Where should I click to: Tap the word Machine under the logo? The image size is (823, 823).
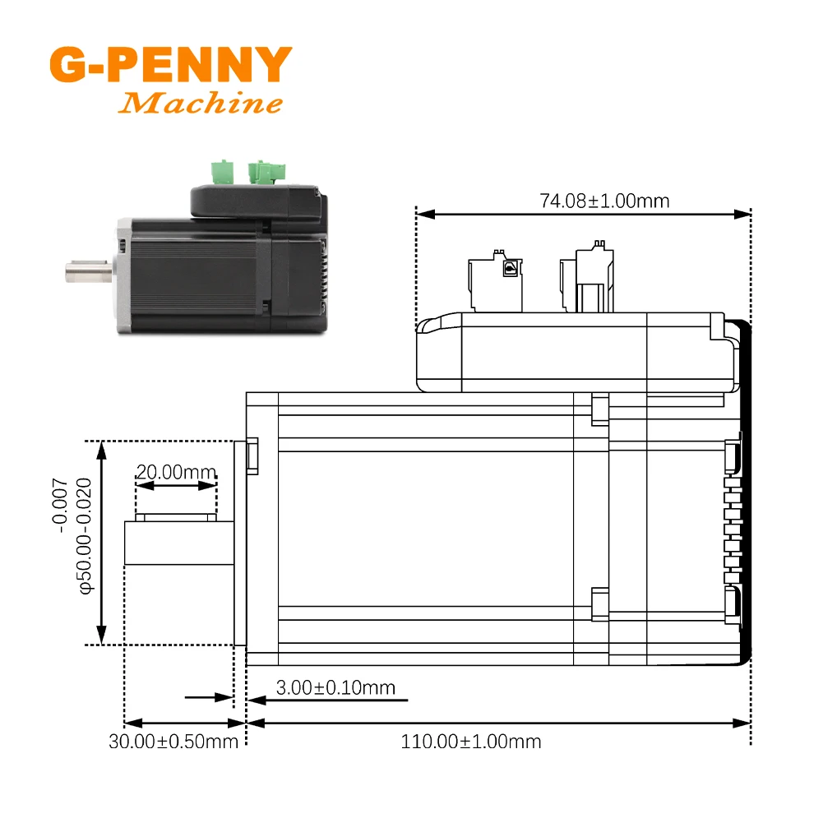(201, 104)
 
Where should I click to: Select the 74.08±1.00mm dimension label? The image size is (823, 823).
(604, 201)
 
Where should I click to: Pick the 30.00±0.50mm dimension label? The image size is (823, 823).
(173, 741)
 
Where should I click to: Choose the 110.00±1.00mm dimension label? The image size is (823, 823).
(471, 741)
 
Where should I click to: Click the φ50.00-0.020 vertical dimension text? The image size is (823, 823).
(85, 542)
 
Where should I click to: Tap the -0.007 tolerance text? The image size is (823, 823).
(62, 505)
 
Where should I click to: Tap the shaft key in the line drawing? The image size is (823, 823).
(176, 517)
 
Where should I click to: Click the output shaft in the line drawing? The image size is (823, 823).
(178, 543)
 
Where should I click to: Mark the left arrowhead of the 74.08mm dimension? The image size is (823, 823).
(423, 215)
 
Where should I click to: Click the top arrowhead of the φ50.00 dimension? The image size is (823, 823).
(101, 447)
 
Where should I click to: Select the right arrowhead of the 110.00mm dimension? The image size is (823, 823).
(745, 724)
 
